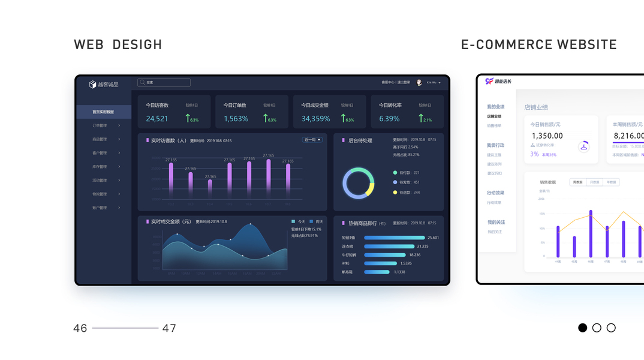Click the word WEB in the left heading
click(x=87, y=45)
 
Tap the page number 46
click(x=80, y=328)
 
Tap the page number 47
click(x=169, y=328)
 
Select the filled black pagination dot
click(x=582, y=328)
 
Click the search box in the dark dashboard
click(x=164, y=83)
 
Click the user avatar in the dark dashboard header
click(x=419, y=83)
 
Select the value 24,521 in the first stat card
click(x=157, y=119)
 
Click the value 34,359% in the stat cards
click(x=315, y=119)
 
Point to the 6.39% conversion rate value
click(x=389, y=119)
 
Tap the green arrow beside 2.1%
click(x=421, y=118)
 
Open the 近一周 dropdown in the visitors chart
click(x=312, y=140)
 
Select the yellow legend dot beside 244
click(x=395, y=193)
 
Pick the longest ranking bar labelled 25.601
click(x=394, y=238)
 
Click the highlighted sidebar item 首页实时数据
click(x=103, y=112)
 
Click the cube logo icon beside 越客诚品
click(x=92, y=85)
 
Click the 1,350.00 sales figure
click(x=547, y=136)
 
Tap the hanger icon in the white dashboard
click(x=583, y=146)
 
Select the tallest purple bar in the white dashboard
click(x=591, y=233)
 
